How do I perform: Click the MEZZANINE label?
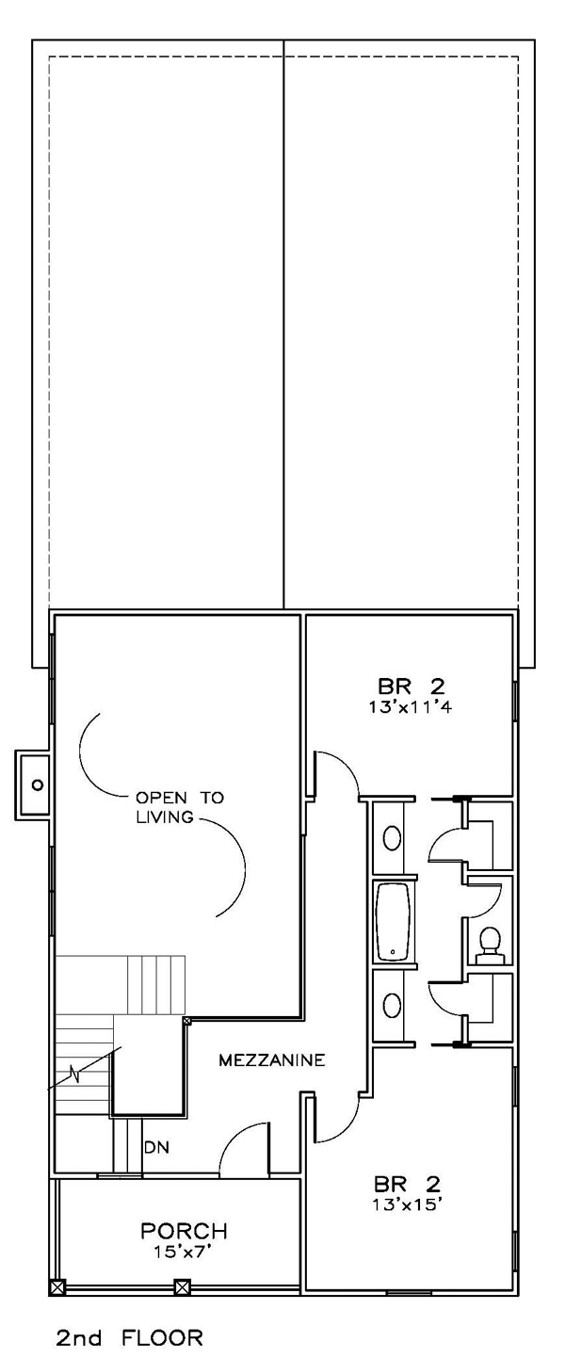click(271, 1060)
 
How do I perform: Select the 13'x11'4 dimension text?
click(412, 707)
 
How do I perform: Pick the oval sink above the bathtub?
click(393, 839)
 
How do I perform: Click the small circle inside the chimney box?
click(38, 784)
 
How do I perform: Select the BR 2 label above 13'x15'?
click(408, 1183)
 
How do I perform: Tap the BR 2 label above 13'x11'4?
click(412, 687)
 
